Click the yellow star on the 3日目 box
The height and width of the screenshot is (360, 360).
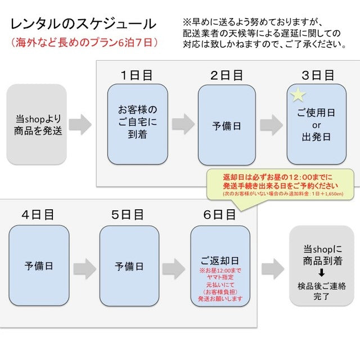298,94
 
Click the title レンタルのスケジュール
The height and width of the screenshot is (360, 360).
83,24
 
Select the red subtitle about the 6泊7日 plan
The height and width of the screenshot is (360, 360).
84,42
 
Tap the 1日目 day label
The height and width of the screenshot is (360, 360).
137,75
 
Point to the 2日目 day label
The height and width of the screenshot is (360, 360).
227,75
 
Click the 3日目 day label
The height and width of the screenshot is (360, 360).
317,75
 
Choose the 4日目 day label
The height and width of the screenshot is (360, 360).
38,215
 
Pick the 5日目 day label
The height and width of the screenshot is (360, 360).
128,215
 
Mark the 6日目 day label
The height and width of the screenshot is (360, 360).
219,215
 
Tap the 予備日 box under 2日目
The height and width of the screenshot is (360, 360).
227,125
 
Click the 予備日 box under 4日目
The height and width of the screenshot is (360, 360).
39,265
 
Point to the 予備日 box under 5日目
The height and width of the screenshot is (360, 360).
129,265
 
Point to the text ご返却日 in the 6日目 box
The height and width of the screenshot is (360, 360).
220,262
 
